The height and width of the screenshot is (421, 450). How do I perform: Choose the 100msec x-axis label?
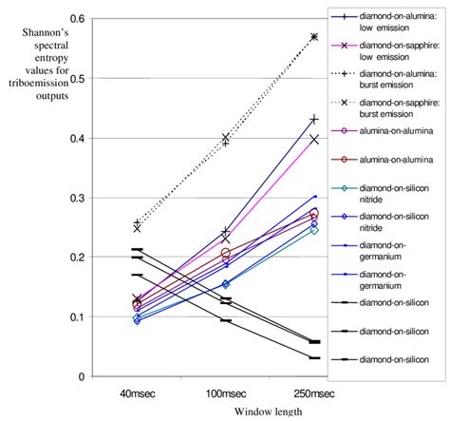[x=225, y=392]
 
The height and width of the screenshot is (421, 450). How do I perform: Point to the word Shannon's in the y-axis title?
[x=44, y=35]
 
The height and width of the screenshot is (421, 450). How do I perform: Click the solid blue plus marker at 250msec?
[x=314, y=120]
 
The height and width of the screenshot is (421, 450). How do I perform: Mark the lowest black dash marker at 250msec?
[x=314, y=358]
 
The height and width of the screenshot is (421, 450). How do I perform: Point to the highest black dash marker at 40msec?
[x=138, y=250]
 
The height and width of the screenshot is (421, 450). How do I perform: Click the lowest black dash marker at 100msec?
[x=226, y=320]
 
